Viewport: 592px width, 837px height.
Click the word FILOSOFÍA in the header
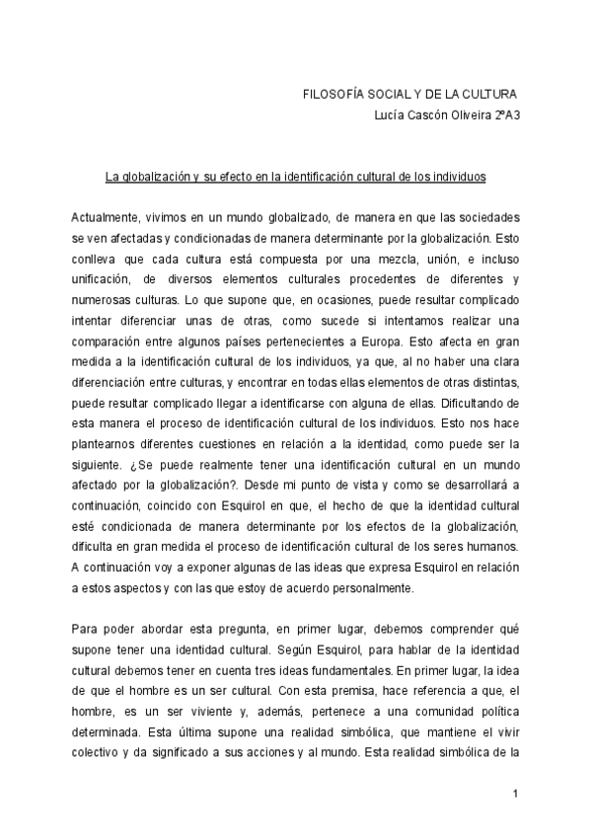[334, 94]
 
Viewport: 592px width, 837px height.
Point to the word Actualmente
[106, 216]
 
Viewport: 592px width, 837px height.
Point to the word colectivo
[100, 757]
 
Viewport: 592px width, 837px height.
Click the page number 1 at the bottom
[515, 795]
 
